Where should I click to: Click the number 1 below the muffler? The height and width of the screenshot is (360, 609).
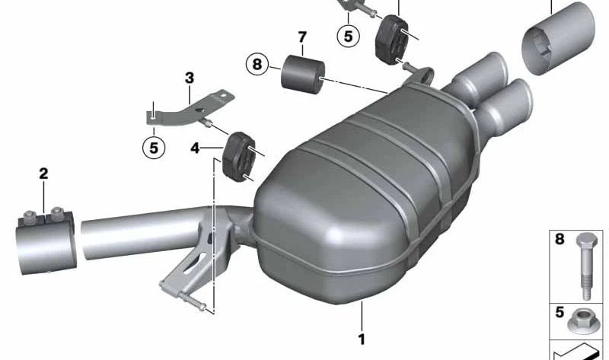[362, 339]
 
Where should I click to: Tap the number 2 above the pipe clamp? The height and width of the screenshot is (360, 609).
[43, 174]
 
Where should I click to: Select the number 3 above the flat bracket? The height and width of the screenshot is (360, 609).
[189, 78]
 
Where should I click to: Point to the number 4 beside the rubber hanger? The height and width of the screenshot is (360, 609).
[195, 148]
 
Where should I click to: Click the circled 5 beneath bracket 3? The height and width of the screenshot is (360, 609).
[154, 148]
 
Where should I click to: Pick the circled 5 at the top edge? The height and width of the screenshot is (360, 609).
[348, 36]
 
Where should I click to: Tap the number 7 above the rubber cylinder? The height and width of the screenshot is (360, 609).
[302, 37]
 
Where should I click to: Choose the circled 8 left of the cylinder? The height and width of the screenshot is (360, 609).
[257, 64]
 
